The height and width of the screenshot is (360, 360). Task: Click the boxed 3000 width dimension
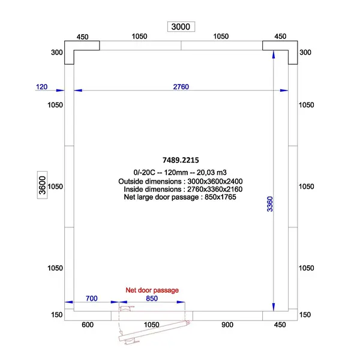(181, 26)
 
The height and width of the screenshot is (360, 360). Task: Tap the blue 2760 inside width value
(181, 87)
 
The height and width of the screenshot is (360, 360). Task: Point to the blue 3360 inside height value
(269, 204)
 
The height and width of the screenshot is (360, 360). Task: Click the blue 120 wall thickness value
(41, 87)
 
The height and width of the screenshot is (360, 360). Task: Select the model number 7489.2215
(181, 160)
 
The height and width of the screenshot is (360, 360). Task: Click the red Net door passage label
(152, 290)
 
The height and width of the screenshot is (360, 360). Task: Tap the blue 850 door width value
(152, 298)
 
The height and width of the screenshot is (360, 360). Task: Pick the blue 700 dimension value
(92, 298)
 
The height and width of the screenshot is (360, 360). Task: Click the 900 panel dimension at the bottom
(227, 325)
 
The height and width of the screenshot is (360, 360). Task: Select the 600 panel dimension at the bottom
(88, 325)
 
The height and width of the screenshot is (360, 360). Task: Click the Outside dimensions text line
(181, 181)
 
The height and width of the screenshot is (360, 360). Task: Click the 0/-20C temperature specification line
(181, 172)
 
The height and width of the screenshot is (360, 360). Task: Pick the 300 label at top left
(57, 53)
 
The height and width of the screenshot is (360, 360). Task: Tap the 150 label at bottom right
(305, 315)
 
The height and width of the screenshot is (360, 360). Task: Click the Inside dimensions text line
(181, 188)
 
